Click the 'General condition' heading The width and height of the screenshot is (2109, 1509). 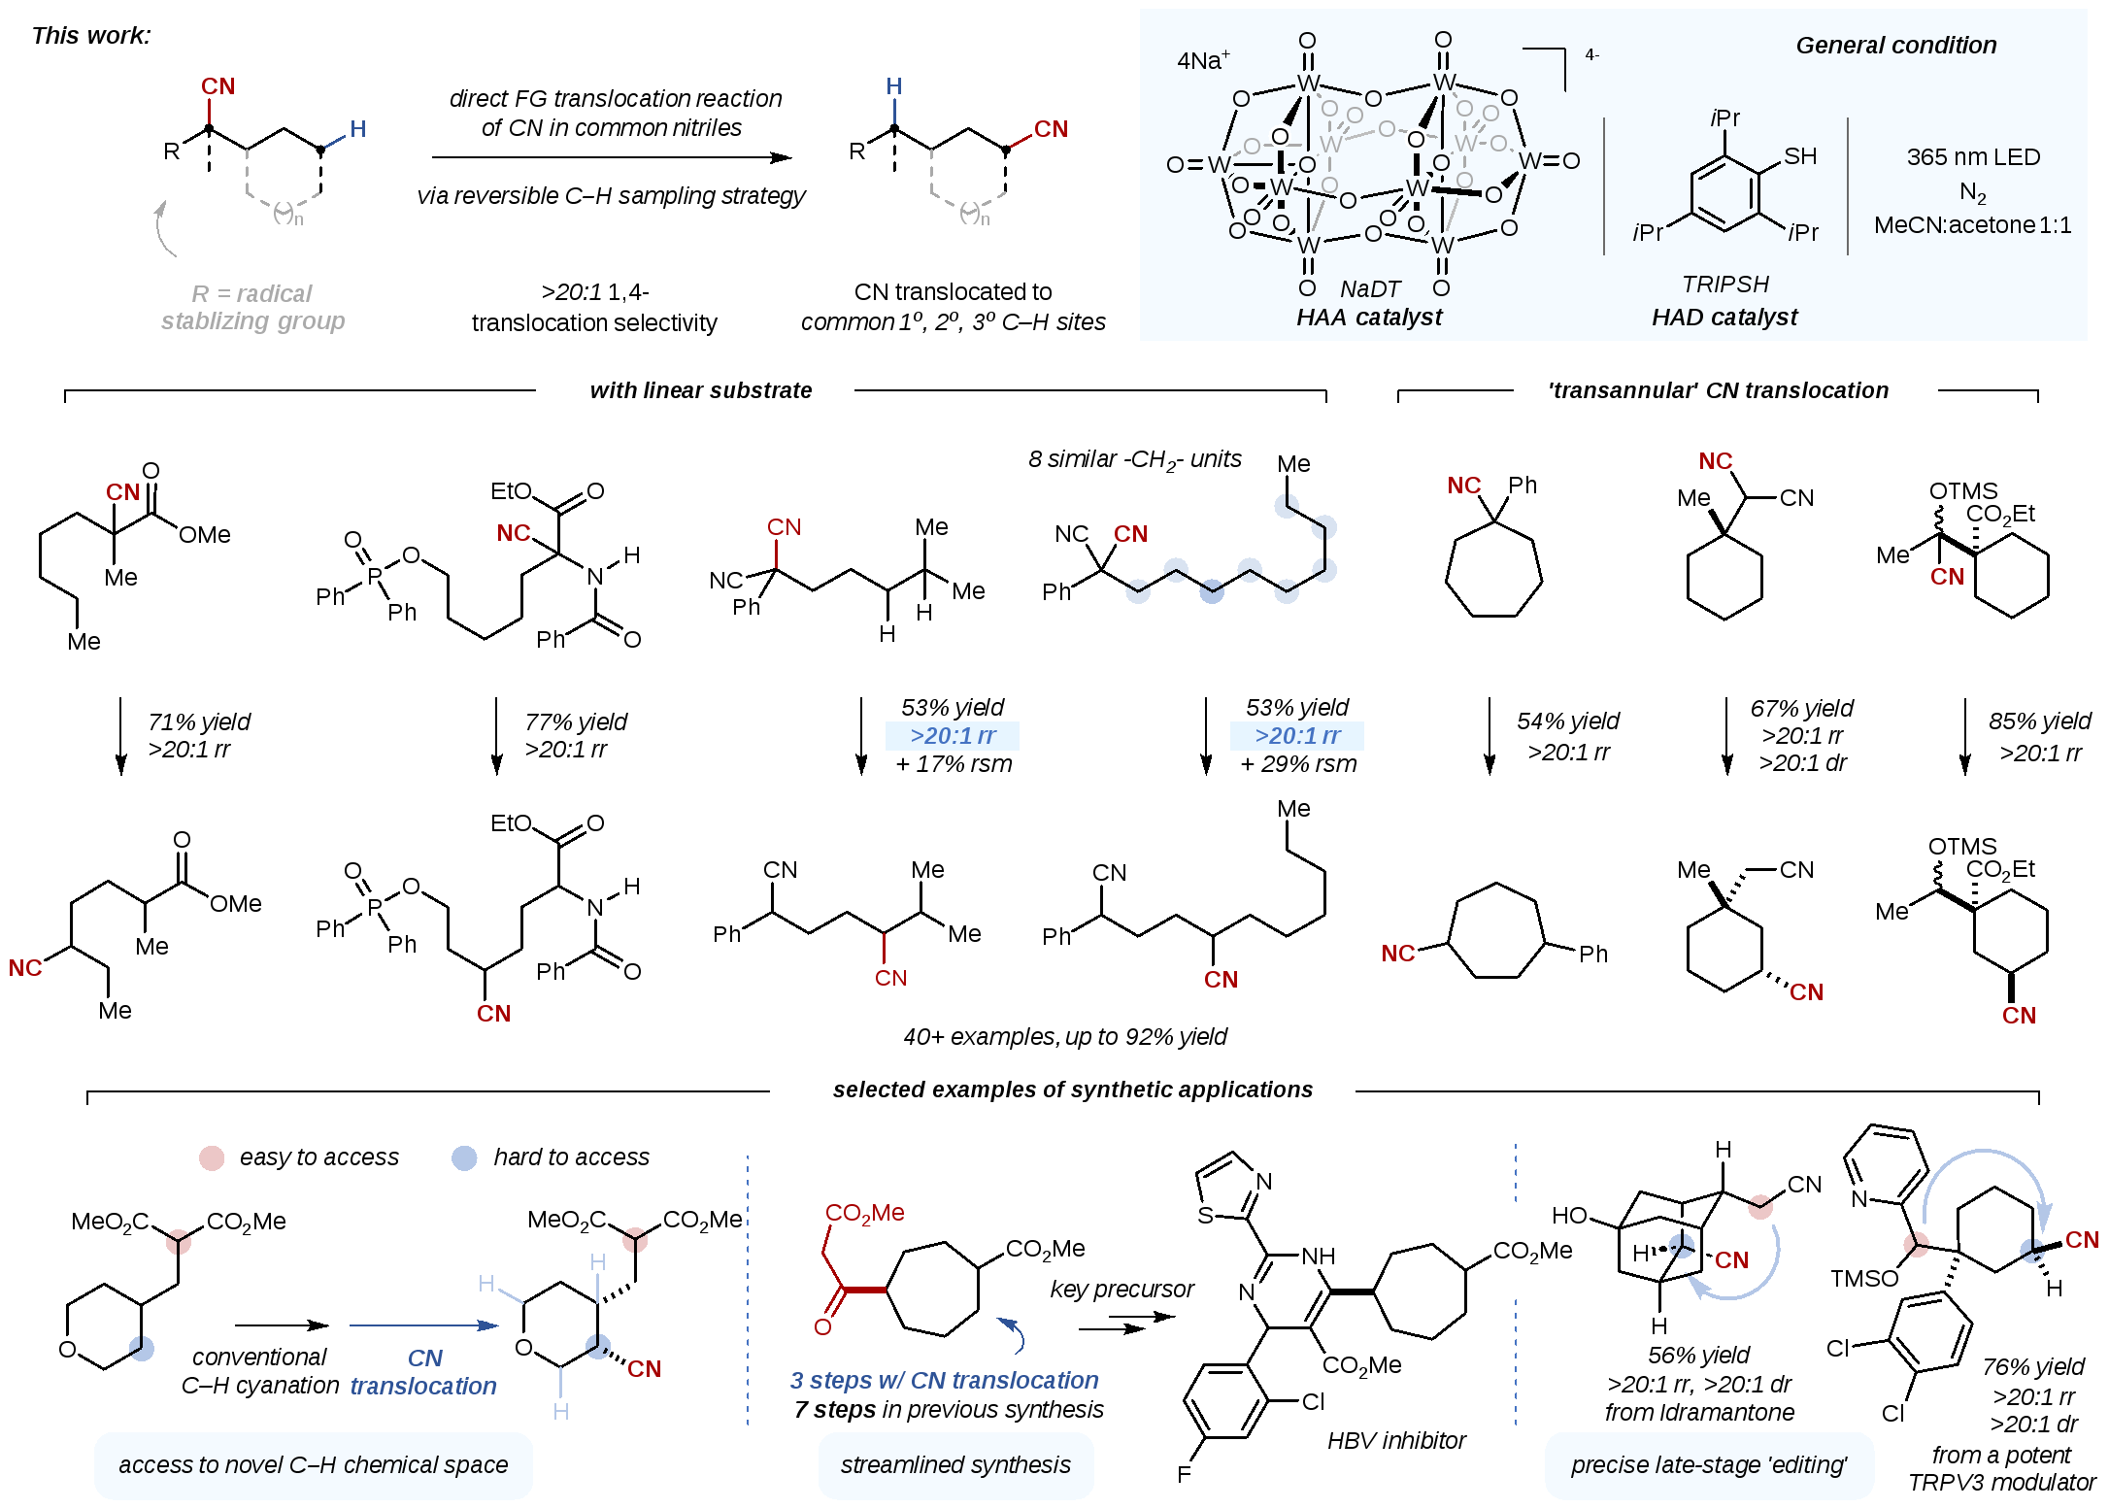pyautogui.click(x=1895, y=46)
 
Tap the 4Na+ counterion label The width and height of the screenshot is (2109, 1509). pyautogui.click(x=1203, y=60)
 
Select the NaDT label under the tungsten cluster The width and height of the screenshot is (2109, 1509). pyautogui.click(x=1369, y=289)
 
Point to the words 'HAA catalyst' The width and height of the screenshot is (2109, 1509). pyautogui.click(x=1369, y=318)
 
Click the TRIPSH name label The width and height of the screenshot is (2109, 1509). pyautogui.click(x=1724, y=285)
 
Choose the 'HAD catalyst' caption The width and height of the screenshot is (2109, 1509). pyautogui.click(x=1724, y=318)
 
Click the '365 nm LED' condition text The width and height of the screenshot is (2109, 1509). pyautogui.click(x=1973, y=157)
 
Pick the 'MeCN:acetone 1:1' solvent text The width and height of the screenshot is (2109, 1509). pyautogui.click(x=1972, y=225)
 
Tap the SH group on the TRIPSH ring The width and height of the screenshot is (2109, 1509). pyautogui.click(x=1799, y=156)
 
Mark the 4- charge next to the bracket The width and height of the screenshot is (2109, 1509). pyautogui.click(x=1592, y=55)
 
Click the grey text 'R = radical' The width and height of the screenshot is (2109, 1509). pyautogui.click(x=251, y=293)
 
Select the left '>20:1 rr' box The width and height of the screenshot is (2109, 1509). pyautogui.click(x=953, y=736)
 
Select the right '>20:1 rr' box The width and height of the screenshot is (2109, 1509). pyautogui.click(x=1297, y=736)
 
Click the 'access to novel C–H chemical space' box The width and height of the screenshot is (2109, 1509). pyautogui.click(x=313, y=1464)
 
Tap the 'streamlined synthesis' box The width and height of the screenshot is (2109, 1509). pyautogui.click(x=955, y=1464)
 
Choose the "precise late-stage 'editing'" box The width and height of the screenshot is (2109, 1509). pyautogui.click(x=1709, y=1464)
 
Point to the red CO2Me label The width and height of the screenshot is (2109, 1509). pyautogui.click(x=864, y=1214)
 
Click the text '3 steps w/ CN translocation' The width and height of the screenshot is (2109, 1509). pyautogui.click(x=944, y=1381)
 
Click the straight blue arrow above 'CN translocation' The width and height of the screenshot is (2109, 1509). pyautogui.click(x=423, y=1325)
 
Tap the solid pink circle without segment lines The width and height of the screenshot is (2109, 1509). pyautogui.click(x=212, y=1158)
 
